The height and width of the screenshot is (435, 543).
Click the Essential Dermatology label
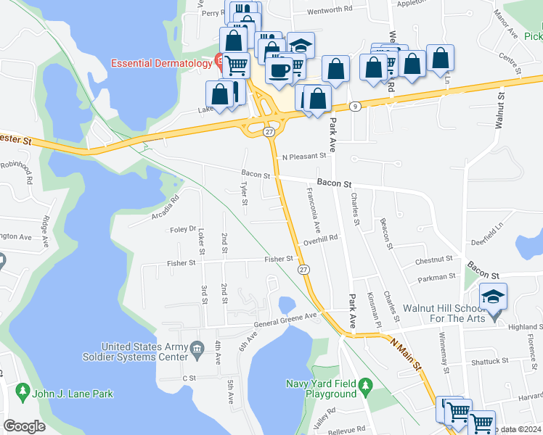[160, 63]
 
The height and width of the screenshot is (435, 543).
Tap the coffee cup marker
[279, 70]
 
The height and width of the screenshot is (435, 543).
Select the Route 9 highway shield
[355, 106]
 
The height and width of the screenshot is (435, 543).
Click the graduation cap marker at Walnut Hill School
[493, 297]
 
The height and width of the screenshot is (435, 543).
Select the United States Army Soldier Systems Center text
[142, 352]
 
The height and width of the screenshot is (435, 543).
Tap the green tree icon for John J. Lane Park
[23, 393]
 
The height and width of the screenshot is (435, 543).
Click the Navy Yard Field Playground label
[320, 389]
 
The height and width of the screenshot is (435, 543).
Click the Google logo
[24, 426]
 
